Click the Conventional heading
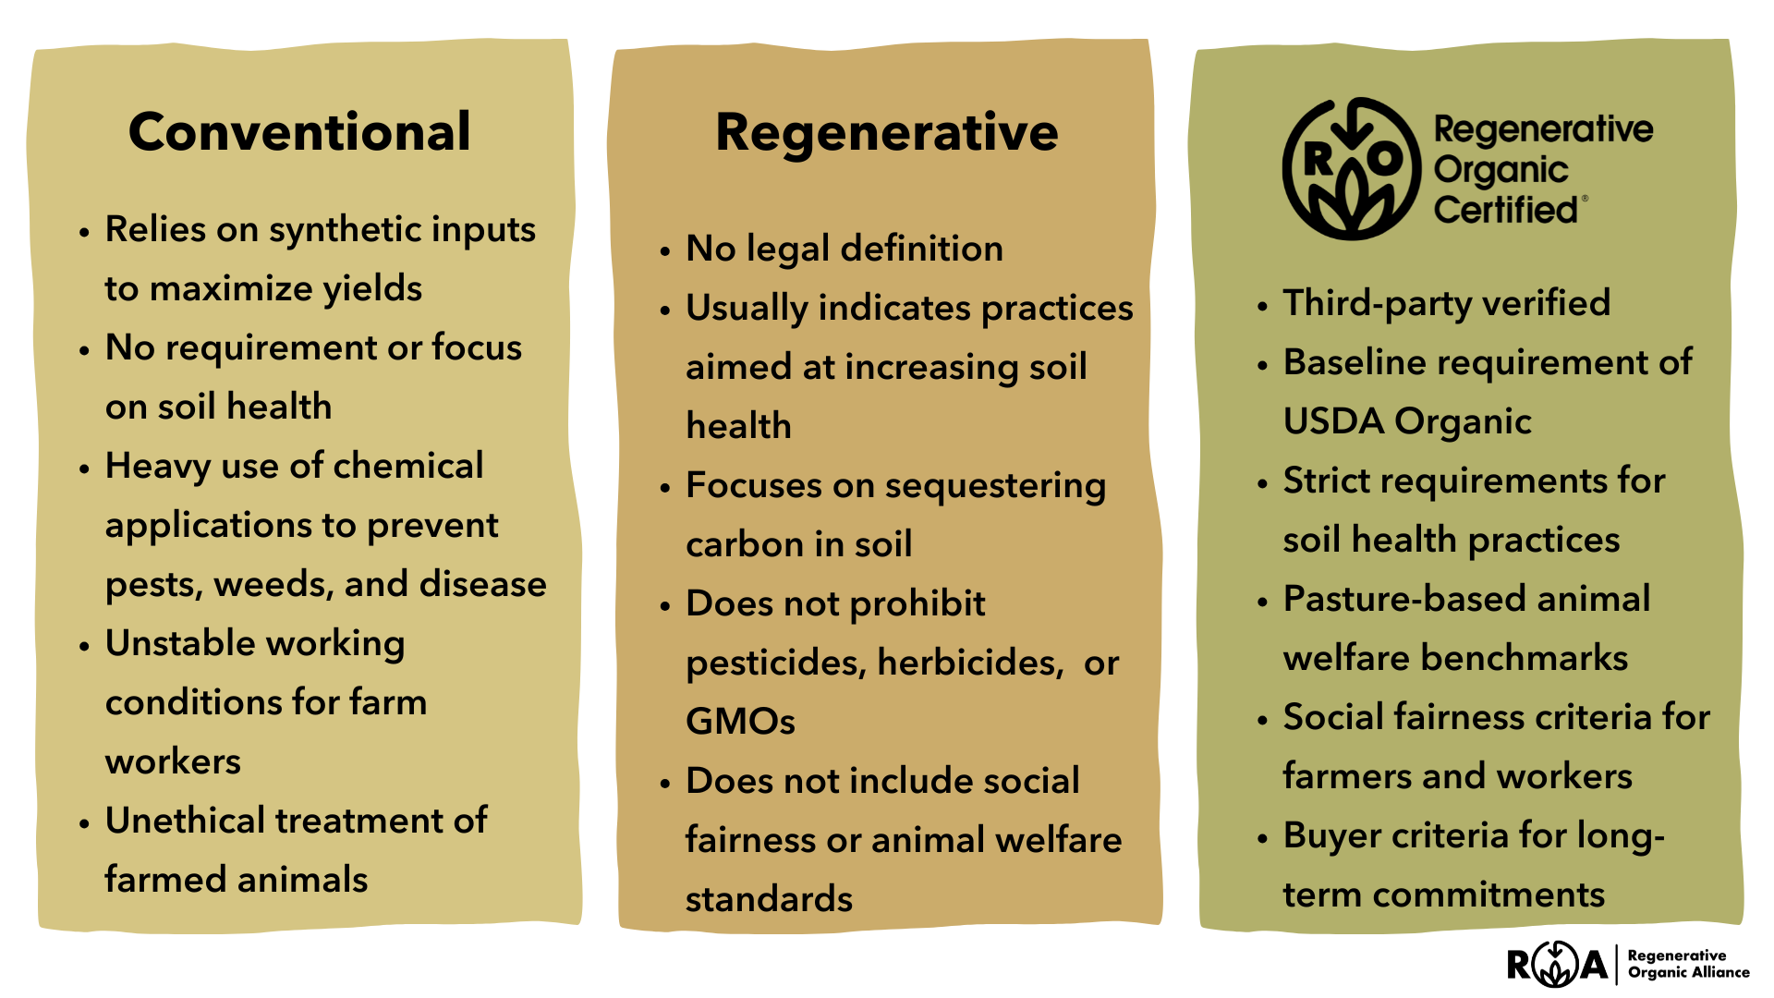pos(299,132)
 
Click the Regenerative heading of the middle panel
pos(886,132)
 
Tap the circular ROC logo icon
pos(1351,169)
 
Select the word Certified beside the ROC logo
pos(1505,211)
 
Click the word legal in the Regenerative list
pos(788,249)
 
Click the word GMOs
pos(740,722)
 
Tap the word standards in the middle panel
pos(769,899)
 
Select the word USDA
pos(1333,422)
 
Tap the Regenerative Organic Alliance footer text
pos(1688,964)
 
